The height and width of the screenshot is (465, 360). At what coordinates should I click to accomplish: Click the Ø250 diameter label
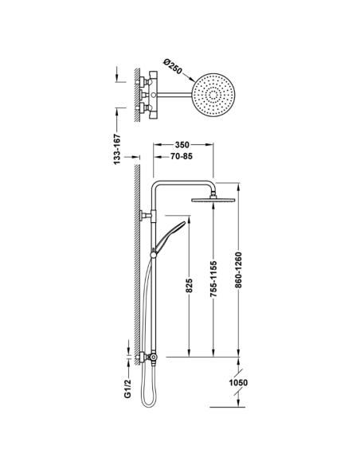(x=173, y=66)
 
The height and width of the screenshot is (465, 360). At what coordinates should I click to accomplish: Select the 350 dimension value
(x=182, y=145)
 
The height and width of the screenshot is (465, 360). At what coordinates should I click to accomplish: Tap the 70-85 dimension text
(x=181, y=156)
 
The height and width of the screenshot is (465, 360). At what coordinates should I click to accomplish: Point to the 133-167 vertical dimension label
(x=117, y=149)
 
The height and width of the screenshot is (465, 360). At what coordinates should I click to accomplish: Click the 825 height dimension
(x=190, y=285)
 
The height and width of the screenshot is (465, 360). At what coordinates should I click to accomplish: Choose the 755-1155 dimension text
(x=213, y=279)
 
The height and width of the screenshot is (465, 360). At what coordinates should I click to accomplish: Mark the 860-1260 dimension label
(x=238, y=270)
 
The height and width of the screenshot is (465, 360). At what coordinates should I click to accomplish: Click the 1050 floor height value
(x=238, y=382)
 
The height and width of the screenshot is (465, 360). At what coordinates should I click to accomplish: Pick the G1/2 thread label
(x=127, y=389)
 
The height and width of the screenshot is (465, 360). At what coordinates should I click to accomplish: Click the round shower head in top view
(x=213, y=95)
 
